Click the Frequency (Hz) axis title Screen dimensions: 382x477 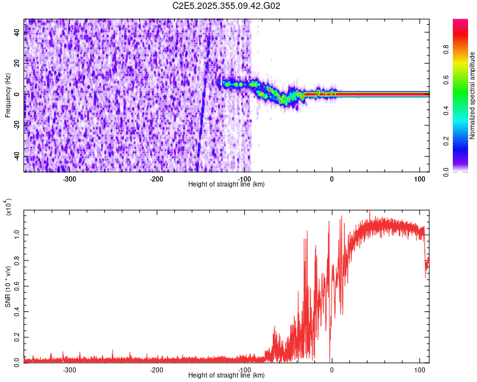click(x=8, y=95)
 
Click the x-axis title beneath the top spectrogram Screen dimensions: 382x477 click(x=226, y=184)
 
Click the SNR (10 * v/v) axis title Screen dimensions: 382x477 click(x=8, y=286)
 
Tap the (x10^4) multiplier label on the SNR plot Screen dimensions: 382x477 click(x=8, y=208)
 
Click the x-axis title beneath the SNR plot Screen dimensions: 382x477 click(x=226, y=376)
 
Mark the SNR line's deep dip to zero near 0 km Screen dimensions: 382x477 click(x=330, y=358)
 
